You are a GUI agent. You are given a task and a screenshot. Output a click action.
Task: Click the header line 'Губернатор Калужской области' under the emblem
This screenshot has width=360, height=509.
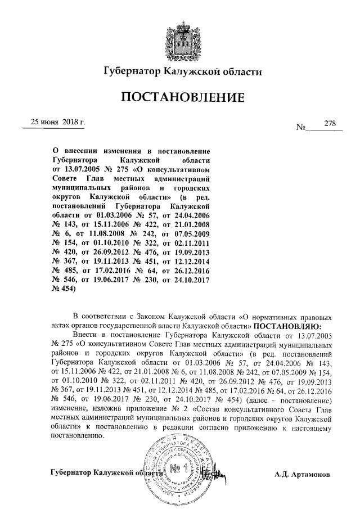[x=182, y=71]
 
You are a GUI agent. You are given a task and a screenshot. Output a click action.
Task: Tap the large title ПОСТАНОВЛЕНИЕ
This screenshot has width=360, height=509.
[x=182, y=97]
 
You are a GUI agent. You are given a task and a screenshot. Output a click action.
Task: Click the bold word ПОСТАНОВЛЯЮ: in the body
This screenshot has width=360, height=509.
[x=287, y=325]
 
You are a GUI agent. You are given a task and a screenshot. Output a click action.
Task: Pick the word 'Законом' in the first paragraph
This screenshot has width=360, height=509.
[x=144, y=316]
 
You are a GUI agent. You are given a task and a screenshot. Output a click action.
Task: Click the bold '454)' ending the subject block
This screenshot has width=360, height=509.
[x=63, y=289]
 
